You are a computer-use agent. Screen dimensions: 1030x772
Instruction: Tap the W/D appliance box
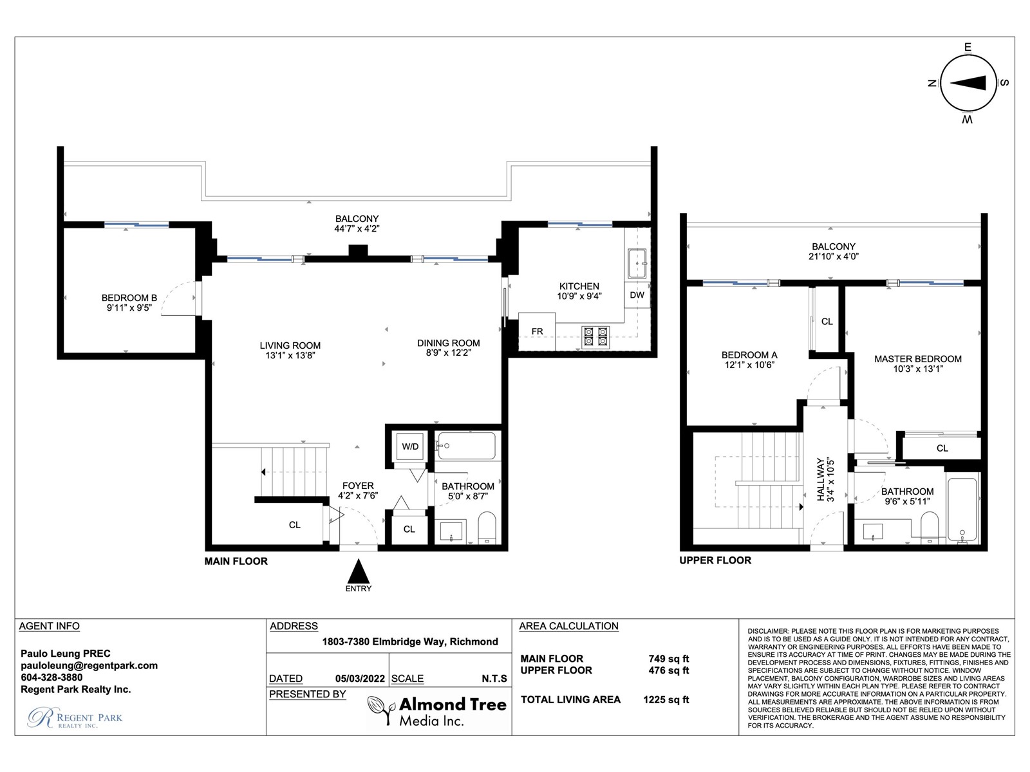pyautogui.click(x=409, y=446)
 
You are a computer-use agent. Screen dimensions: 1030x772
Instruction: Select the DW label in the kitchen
pyautogui.click(x=637, y=295)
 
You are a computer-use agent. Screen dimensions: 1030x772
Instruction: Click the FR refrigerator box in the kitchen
pyautogui.click(x=537, y=331)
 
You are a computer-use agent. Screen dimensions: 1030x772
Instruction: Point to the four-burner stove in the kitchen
pyautogui.click(x=595, y=338)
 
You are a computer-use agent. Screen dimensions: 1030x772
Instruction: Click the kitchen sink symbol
pyautogui.click(x=637, y=263)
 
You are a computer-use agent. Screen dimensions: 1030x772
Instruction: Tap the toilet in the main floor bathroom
pyautogui.click(x=487, y=528)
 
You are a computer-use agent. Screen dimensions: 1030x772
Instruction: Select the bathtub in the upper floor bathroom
pyautogui.click(x=962, y=510)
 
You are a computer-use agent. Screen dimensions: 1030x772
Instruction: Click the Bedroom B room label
pyautogui.click(x=129, y=298)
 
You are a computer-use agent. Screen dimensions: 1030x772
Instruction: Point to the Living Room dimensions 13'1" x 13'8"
pyautogui.click(x=290, y=355)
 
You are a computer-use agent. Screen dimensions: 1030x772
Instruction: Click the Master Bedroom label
pyautogui.click(x=917, y=359)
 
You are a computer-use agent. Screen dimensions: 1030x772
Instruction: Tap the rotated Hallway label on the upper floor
pyautogui.click(x=820, y=479)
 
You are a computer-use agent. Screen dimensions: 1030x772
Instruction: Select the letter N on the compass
pyautogui.click(x=932, y=83)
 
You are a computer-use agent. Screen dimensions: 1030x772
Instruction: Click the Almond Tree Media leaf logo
pyautogui.click(x=381, y=709)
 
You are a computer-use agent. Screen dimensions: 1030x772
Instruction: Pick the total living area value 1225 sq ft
pyautogui.click(x=666, y=700)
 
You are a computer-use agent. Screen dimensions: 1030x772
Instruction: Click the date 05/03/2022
pyautogui.click(x=360, y=679)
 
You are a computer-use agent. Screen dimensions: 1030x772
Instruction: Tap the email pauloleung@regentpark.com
pyautogui.click(x=89, y=666)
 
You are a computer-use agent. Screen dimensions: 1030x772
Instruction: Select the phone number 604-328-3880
pyautogui.click(x=51, y=677)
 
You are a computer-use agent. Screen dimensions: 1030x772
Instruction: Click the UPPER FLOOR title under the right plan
pyautogui.click(x=715, y=560)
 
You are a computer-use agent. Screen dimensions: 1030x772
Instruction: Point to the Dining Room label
pyautogui.click(x=448, y=343)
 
